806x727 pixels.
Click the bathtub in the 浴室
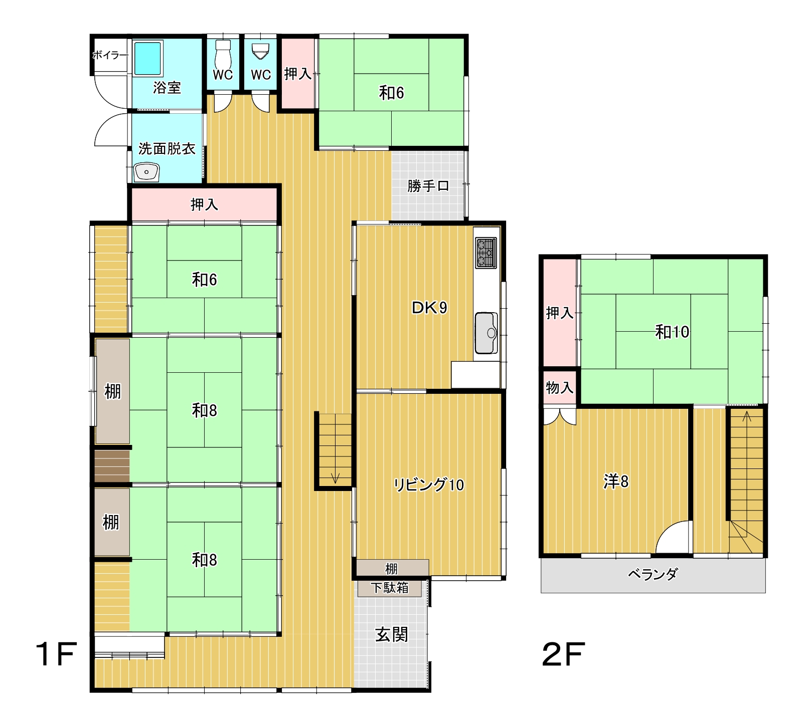[x=148, y=59]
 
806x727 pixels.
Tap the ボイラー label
[x=110, y=55]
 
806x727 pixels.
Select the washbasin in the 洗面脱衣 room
[x=146, y=172]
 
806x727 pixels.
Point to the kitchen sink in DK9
[x=486, y=333]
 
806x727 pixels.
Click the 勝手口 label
[x=428, y=186]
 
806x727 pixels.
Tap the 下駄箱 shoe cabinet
[x=390, y=588]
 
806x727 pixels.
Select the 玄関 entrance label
[x=392, y=635]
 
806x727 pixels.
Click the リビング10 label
[x=429, y=484]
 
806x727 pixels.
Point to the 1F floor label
[x=56, y=654]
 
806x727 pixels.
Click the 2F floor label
[x=563, y=654]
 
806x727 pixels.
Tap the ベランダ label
[x=653, y=574]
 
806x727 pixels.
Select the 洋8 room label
[x=616, y=481]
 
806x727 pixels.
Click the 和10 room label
[x=672, y=332]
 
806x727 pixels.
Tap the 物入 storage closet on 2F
[x=560, y=387]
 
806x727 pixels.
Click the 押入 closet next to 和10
[x=560, y=313]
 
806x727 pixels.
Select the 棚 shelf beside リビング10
[x=392, y=568]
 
